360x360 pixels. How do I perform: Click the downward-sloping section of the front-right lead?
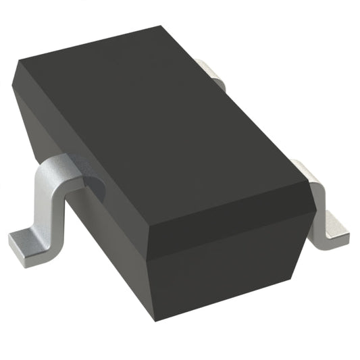pos(317,192)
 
